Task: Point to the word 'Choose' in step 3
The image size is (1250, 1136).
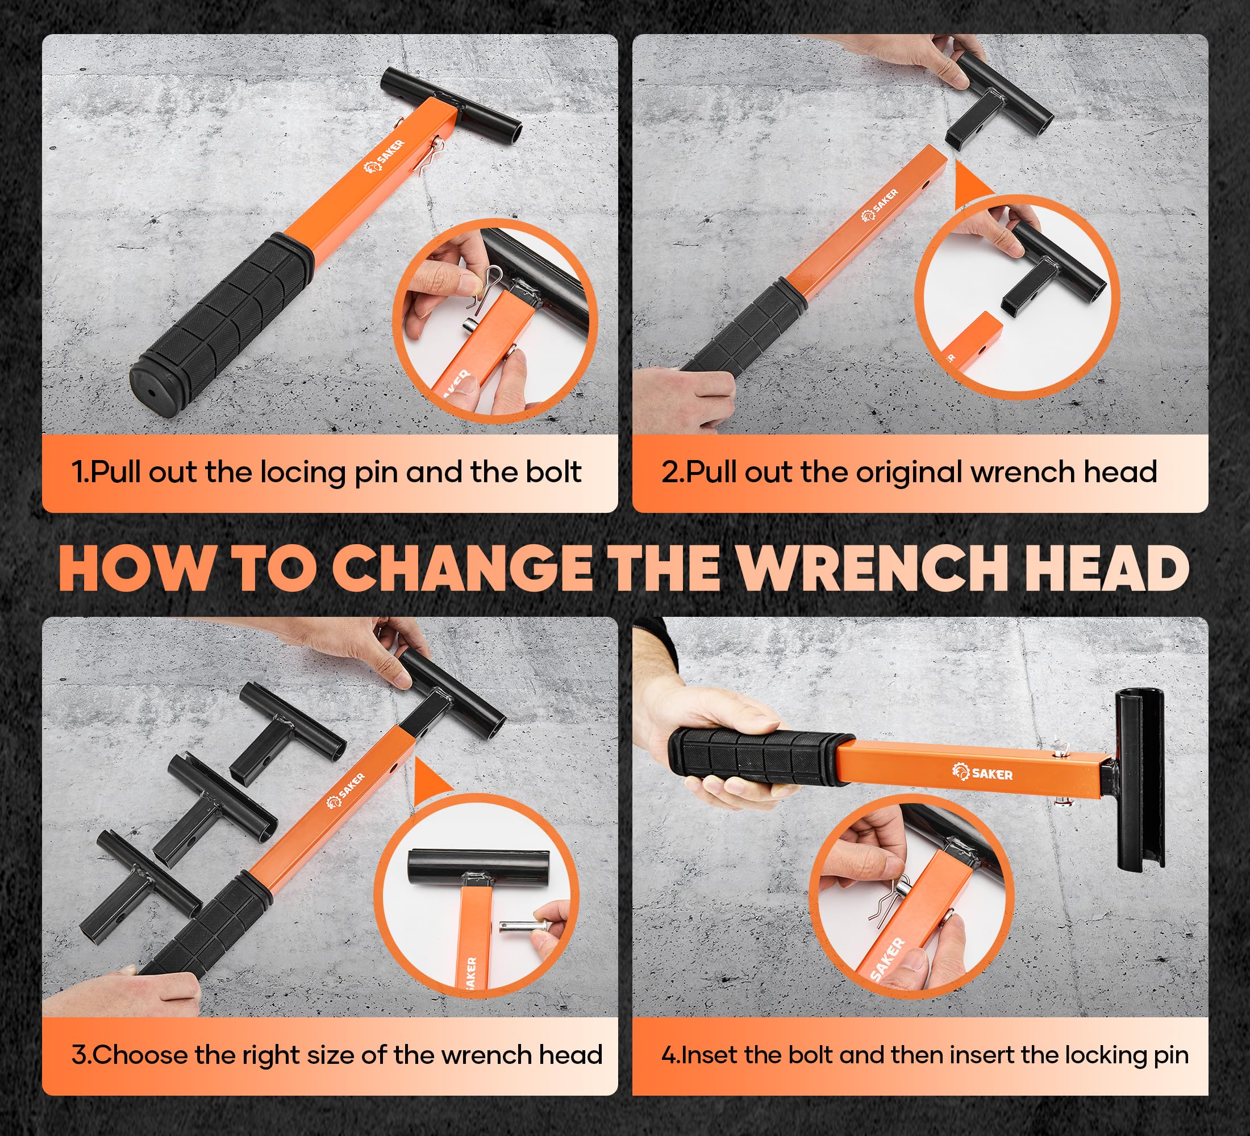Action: pos(141,1054)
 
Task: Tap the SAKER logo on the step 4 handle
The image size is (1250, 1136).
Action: pos(982,772)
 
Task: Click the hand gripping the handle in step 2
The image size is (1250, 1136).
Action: pos(682,396)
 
